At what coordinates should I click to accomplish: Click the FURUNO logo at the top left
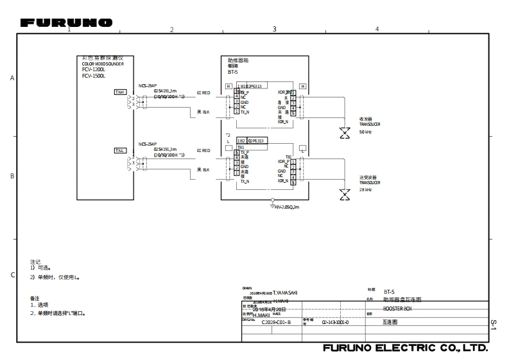coord(67,22)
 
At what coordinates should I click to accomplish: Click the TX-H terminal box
coord(120,92)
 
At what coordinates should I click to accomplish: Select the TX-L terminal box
coord(120,150)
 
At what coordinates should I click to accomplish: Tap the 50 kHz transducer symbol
coord(345,133)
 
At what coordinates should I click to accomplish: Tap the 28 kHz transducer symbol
coord(345,194)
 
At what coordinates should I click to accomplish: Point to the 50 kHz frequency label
coord(365,132)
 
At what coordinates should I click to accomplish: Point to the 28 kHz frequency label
coord(365,190)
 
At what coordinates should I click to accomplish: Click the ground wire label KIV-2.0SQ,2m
coord(288,207)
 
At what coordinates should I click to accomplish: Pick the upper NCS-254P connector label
coord(148,85)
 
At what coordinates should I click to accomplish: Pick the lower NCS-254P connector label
coord(148,144)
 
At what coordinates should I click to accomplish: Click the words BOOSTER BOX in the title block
coord(397,308)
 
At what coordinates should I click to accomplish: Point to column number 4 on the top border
coord(377,30)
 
